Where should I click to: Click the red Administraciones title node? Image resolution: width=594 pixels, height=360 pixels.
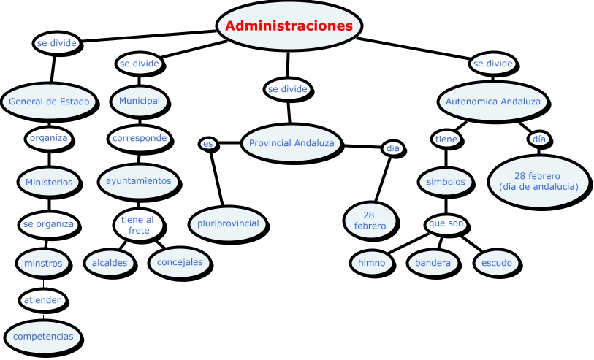pos(289,26)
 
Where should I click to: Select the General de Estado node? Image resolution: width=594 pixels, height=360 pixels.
pos(49,102)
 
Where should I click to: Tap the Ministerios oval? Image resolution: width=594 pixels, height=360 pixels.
pos(49,182)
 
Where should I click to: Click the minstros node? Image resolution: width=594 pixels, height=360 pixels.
pos(43,263)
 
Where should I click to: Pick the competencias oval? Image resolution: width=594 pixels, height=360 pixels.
pos(43,336)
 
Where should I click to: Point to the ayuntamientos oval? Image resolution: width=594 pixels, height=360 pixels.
pos(139,180)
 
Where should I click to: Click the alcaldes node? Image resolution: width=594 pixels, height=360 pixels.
pos(110,262)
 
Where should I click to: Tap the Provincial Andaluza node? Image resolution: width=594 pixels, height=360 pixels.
pos(292,143)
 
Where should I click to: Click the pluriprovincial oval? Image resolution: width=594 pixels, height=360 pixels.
pos(228,223)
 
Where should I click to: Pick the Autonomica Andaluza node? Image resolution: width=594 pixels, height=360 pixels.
pos(493,102)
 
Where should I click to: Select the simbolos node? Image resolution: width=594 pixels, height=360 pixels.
pos(446,183)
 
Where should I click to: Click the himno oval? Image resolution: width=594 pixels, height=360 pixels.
pos(371,263)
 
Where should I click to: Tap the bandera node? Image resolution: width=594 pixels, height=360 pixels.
pos(434,263)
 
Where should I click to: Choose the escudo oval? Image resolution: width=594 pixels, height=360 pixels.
pos(498,263)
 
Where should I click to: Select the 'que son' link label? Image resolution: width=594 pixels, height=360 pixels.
pos(446,223)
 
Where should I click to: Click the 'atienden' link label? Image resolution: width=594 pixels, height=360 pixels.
pos(43,299)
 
